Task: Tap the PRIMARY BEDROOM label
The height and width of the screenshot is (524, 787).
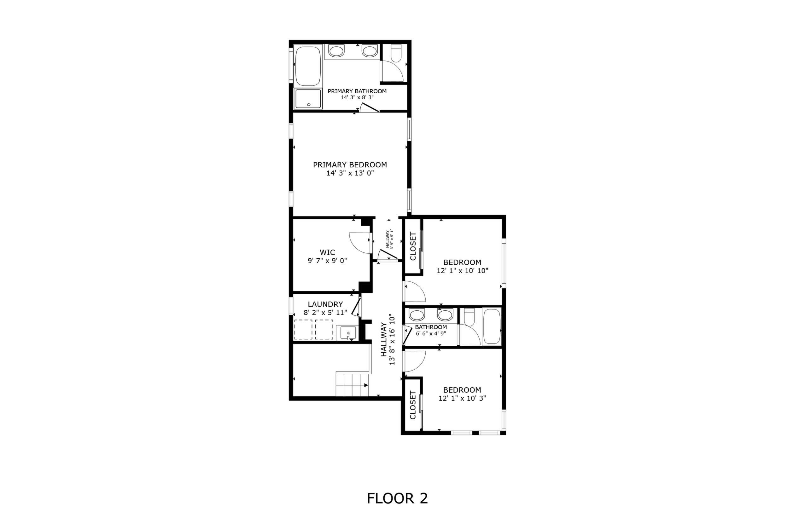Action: coord(350,165)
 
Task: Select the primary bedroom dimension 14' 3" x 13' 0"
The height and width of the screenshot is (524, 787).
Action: coord(350,173)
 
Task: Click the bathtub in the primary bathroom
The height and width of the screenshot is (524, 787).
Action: coord(307,66)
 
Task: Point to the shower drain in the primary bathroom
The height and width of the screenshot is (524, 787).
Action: coord(309,105)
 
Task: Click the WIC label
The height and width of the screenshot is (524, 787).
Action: coord(327,252)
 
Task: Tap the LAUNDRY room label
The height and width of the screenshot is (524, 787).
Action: coord(325,304)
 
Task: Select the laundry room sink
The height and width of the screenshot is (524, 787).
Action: coord(348,333)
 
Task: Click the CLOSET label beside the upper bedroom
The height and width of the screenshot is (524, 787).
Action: coord(413,246)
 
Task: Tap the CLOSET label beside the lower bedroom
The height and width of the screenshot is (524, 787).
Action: coord(413,405)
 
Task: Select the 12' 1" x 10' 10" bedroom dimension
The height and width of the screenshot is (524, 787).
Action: coord(462,271)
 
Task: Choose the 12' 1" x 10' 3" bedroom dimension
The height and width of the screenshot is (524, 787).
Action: coord(462,398)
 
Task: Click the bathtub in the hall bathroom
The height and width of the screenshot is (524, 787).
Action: coord(492,326)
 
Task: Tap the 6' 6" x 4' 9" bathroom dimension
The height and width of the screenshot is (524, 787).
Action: coord(431,333)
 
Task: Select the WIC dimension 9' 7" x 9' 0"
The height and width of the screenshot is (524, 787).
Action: coord(327,261)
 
